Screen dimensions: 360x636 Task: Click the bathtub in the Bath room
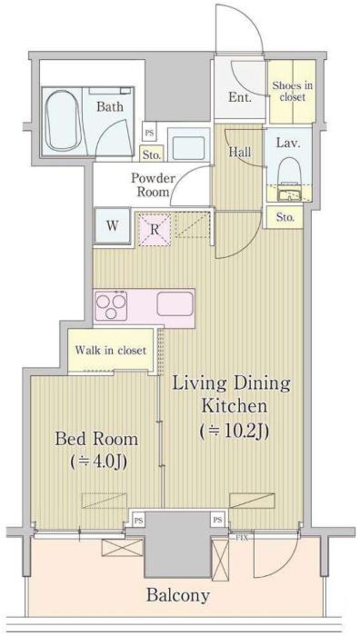point(63,121)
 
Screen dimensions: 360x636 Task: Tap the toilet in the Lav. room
point(288,171)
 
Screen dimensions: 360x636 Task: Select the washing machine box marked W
point(113,226)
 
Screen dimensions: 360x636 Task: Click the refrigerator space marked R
point(155,230)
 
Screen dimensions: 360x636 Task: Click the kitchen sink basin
point(175,303)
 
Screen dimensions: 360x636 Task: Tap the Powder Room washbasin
point(189,145)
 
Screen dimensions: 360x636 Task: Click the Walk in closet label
point(110,350)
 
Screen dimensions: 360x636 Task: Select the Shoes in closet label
point(292,91)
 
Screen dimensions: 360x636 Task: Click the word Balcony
point(178,596)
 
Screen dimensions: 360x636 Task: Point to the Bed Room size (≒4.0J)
point(98,462)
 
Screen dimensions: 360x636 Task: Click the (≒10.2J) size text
point(235,432)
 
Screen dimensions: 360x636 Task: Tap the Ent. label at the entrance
point(239,97)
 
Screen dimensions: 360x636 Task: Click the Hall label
point(240,152)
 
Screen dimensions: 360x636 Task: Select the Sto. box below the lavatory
point(285,217)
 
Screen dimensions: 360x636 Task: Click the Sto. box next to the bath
point(152,154)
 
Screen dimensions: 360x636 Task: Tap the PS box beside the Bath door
point(148,132)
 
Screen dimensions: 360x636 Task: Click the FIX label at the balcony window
point(242,538)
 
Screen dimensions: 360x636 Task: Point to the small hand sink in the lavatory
point(288,195)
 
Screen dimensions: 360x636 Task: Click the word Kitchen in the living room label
point(235,405)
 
